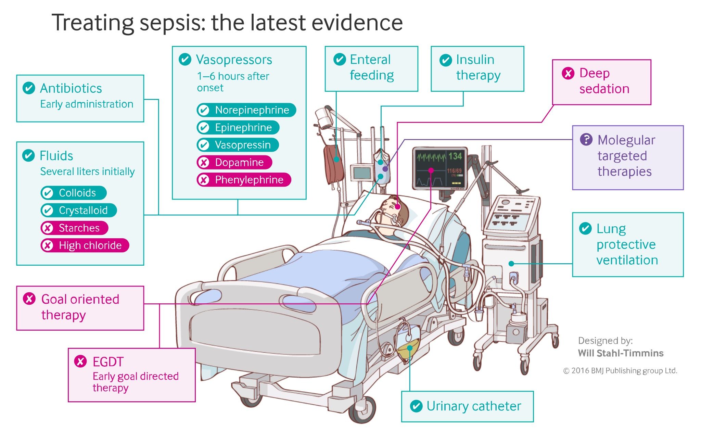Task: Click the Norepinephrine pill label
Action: [246, 110]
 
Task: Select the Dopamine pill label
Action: [234, 162]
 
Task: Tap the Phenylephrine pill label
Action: [244, 180]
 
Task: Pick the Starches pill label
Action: [74, 228]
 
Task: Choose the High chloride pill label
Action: [85, 245]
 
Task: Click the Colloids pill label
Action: [73, 193]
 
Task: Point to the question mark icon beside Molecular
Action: [586, 139]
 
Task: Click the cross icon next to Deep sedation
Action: [568, 73]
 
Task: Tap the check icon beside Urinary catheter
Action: [416, 406]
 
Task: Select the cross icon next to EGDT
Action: [80, 362]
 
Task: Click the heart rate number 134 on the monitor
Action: [455, 156]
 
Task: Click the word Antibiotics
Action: [71, 88]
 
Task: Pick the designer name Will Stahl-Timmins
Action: [621, 353]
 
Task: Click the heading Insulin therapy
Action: [478, 67]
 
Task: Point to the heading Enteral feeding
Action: [371, 67]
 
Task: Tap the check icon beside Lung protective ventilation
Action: [585, 228]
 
